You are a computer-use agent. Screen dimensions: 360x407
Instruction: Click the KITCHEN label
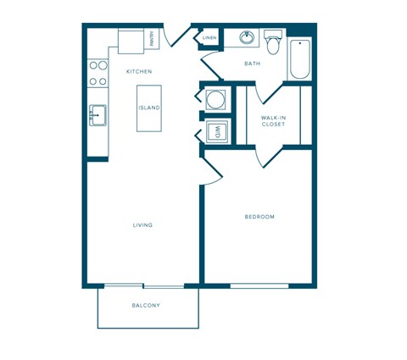(x=139, y=72)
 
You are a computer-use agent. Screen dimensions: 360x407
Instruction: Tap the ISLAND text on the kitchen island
(x=148, y=108)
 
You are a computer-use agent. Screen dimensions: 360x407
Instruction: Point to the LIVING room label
(x=142, y=225)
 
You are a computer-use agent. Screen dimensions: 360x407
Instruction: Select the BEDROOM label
(x=259, y=217)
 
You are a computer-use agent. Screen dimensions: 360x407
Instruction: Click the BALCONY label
(x=146, y=305)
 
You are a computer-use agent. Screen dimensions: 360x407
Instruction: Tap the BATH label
(x=252, y=64)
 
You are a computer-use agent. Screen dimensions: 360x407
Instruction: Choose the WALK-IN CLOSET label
(x=272, y=120)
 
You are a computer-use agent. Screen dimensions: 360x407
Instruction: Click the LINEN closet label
(x=209, y=38)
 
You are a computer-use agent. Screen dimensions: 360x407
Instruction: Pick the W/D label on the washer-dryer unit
(x=216, y=131)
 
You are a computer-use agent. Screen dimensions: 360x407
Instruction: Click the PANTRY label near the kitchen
(x=152, y=38)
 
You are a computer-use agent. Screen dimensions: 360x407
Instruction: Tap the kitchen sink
(x=98, y=115)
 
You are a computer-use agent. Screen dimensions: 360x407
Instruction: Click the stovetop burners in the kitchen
(x=98, y=73)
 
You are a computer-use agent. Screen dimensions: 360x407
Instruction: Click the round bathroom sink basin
(x=247, y=38)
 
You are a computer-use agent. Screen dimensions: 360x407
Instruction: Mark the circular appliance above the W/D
(x=216, y=98)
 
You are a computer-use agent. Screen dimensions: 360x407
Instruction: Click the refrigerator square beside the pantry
(x=131, y=41)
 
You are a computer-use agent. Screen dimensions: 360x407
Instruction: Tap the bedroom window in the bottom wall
(x=259, y=285)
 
